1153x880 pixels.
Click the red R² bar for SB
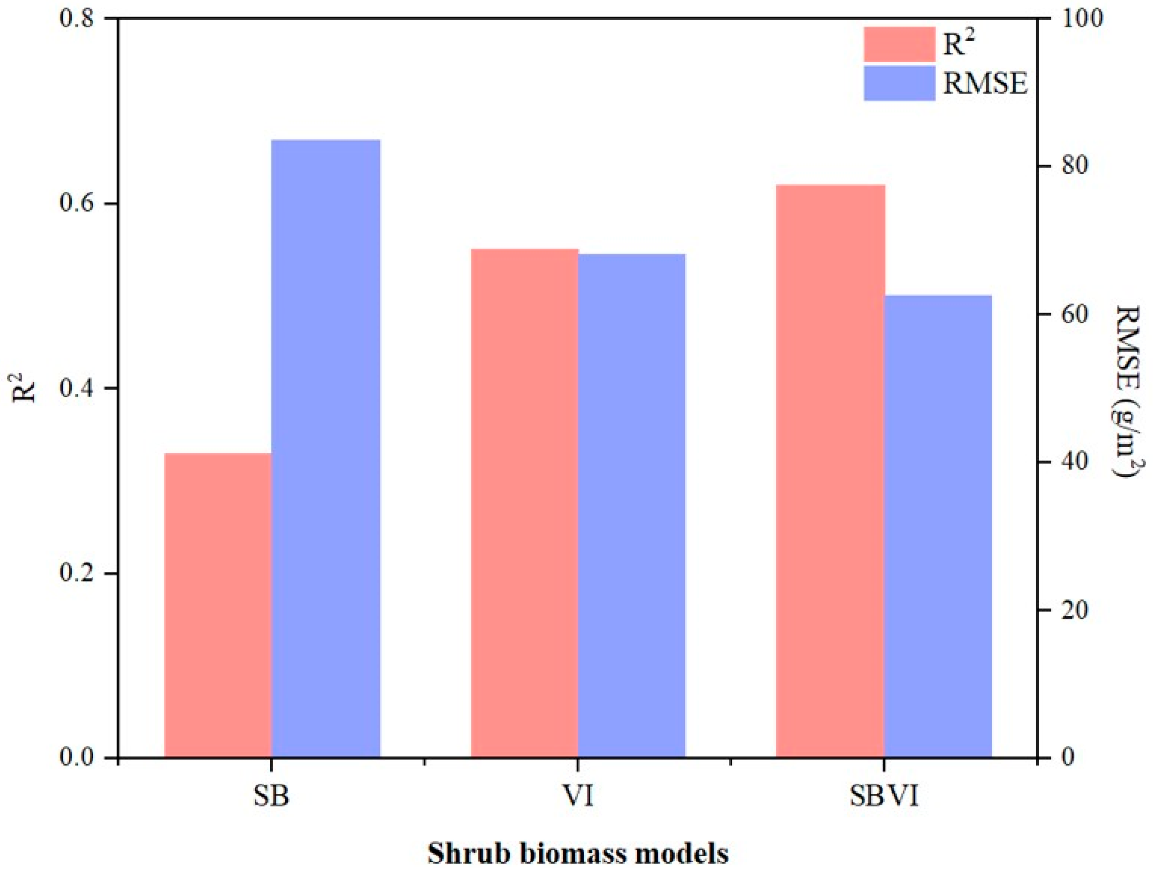click(218, 605)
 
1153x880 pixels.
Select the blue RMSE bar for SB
click(325, 448)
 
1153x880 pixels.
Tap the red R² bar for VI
click(524, 503)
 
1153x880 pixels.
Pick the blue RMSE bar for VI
click(632, 505)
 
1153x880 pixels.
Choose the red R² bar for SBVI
click(830, 471)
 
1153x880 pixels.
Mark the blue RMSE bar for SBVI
click(938, 526)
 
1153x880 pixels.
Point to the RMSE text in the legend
click(985, 84)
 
